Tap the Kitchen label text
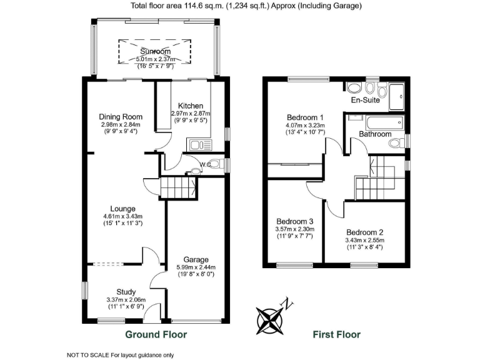click(x=191, y=106)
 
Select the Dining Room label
click(x=121, y=117)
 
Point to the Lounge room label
click(x=123, y=209)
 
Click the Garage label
click(x=196, y=259)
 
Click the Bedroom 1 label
click(x=305, y=117)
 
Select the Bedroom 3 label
click(x=294, y=221)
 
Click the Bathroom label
click(x=375, y=134)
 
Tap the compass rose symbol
click(x=272, y=319)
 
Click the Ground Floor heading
click(x=156, y=334)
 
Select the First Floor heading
click(x=336, y=334)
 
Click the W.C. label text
click(x=204, y=165)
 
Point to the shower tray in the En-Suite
click(x=396, y=95)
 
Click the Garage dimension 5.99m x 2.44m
click(x=196, y=268)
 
